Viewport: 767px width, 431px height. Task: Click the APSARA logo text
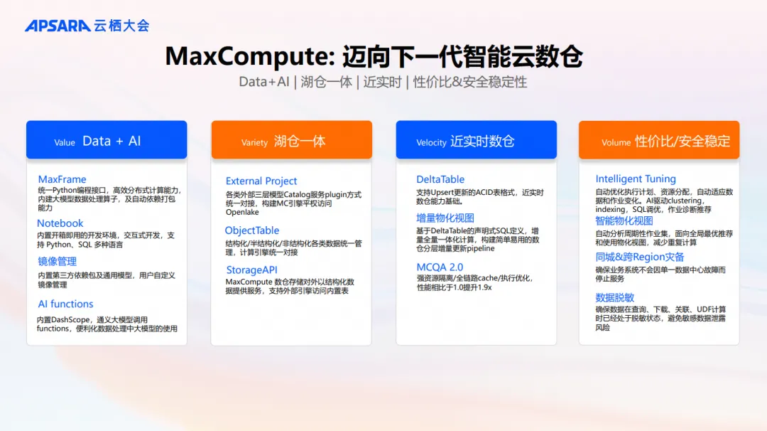57,26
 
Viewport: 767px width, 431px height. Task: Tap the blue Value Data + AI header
107,140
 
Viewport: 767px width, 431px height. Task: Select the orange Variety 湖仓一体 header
291,140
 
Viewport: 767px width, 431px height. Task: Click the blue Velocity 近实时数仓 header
476,140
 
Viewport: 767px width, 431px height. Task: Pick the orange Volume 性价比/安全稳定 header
659,140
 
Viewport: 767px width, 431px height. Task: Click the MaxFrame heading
62,179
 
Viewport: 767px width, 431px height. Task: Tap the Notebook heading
60,223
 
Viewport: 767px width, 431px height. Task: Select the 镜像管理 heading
58,262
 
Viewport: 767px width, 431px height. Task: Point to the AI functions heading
65,304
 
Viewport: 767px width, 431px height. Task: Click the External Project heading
261,181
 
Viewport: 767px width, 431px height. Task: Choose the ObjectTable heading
252,230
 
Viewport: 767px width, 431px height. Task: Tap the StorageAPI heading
251,270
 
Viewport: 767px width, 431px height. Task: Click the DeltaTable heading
440,180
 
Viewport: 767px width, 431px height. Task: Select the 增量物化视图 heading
445,218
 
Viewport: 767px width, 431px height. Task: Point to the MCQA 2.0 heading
440,267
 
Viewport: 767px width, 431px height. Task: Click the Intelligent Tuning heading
636,179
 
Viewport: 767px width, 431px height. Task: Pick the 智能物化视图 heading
624,220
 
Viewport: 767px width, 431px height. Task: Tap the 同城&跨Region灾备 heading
640,257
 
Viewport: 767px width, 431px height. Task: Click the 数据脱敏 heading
615,298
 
